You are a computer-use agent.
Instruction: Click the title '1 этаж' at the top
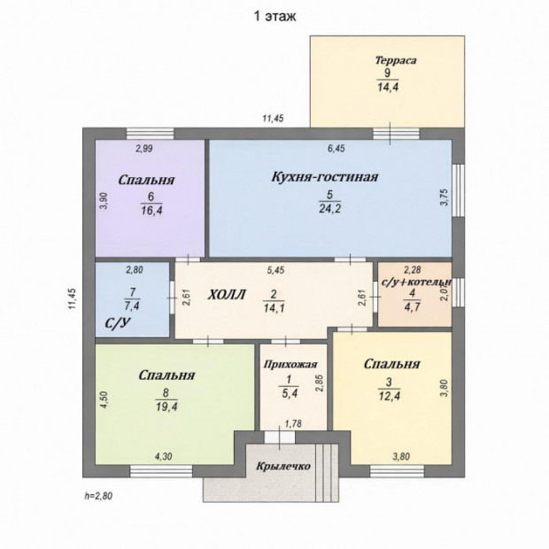click(x=274, y=17)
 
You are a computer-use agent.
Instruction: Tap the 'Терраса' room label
click(x=396, y=60)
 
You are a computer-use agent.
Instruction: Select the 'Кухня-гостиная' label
click(x=325, y=177)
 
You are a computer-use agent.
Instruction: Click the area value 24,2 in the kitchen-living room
click(x=329, y=208)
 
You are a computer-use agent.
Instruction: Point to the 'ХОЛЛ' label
click(x=226, y=295)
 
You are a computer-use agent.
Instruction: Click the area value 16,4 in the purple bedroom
click(x=151, y=211)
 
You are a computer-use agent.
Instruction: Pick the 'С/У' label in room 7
click(x=118, y=323)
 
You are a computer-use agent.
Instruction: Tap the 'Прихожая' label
click(x=290, y=365)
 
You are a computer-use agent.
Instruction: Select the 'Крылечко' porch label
click(x=283, y=466)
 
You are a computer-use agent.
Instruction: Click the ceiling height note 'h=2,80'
click(x=98, y=496)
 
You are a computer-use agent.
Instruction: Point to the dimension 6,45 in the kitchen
click(x=336, y=149)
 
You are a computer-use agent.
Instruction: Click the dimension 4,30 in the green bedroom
click(x=163, y=457)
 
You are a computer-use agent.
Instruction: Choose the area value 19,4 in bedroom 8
click(x=166, y=406)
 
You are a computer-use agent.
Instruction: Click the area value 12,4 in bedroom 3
click(x=390, y=396)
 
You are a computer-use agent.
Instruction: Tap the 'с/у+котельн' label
click(x=415, y=282)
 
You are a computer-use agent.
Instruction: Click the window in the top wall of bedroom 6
click(x=151, y=134)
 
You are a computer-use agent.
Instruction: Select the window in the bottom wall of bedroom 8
click(x=161, y=471)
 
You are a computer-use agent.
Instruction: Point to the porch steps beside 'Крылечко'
click(x=327, y=473)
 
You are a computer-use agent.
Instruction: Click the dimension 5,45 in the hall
click(x=275, y=270)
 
